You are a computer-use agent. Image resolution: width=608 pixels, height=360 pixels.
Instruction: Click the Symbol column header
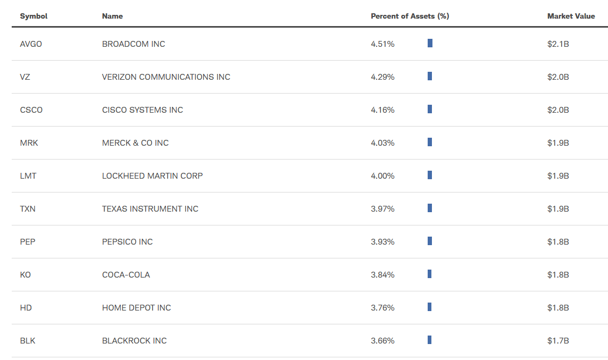pyautogui.click(x=34, y=16)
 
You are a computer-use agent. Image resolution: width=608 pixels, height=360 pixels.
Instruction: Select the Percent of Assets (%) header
pyautogui.click(x=410, y=16)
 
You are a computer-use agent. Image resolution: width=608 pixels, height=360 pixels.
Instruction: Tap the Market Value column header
pyautogui.click(x=571, y=16)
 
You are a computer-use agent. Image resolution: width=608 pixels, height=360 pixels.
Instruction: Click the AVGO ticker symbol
pyautogui.click(x=31, y=44)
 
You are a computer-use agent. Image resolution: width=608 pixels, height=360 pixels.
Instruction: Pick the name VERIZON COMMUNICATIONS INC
pyautogui.click(x=166, y=77)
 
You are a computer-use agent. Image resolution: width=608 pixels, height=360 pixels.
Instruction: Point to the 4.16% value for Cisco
pyautogui.click(x=382, y=110)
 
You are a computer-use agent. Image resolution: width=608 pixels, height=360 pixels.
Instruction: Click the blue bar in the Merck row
pyautogui.click(x=430, y=142)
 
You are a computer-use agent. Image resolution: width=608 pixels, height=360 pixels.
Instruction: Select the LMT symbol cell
pyautogui.click(x=28, y=176)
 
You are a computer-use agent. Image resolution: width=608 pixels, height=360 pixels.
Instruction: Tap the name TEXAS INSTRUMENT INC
pyautogui.click(x=150, y=209)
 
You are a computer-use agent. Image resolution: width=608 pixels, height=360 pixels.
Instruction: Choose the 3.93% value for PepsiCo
pyautogui.click(x=382, y=242)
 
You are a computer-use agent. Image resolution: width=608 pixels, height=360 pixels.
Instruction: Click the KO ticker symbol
pyautogui.click(x=25, y=275)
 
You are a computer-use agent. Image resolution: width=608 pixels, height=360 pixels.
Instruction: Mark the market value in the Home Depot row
pyautogui.click(x=558, y=308)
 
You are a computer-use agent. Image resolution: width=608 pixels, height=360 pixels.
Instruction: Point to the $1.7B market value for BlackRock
pyautogui.click(x=558, y=341)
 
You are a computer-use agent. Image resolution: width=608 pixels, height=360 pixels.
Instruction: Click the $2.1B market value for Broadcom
pyautogui.click(x=558, y=44)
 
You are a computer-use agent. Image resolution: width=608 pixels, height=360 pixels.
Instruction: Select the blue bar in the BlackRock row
pyautogui.click(x=429, y=340)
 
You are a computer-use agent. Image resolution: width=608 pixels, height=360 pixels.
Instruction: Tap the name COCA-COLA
pyautogui.click(x=126, y=275)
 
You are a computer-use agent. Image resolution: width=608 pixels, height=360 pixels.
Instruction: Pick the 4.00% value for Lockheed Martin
pyautogui.click(x=382, y=176)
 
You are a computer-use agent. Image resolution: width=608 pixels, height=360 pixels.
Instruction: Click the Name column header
pyautogui.click(x=112, y=16)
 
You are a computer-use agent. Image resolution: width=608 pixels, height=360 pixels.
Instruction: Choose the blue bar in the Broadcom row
pyautogui.click(x=430, y=43)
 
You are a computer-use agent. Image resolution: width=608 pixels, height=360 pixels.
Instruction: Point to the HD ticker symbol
pyautogui.click(x=26, y=308)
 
